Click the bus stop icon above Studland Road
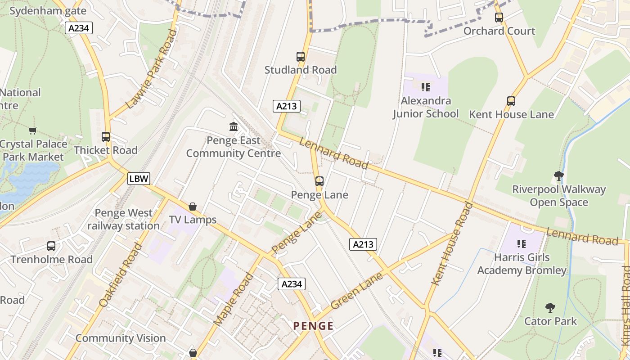click(301, 57)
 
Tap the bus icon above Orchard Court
click(499, 18)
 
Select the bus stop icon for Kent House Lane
click(511, 101)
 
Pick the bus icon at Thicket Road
click(106, 137)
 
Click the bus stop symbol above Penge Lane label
click(319, 181)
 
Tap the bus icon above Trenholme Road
click(51, 246)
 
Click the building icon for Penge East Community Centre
click(234, 127)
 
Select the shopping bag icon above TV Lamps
click(193, 207)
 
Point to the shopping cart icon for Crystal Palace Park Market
click(32, 131)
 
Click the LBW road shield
click(139, 179)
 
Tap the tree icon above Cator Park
click(550, 308)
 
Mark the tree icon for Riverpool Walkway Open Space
click(559, 175)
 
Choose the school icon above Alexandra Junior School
click(426, 87)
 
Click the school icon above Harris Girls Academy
click(522, 244)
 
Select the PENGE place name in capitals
click(314, 326)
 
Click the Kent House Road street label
click(453, 243)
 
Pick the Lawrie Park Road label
click(152, 69)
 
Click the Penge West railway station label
click(124, 219)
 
